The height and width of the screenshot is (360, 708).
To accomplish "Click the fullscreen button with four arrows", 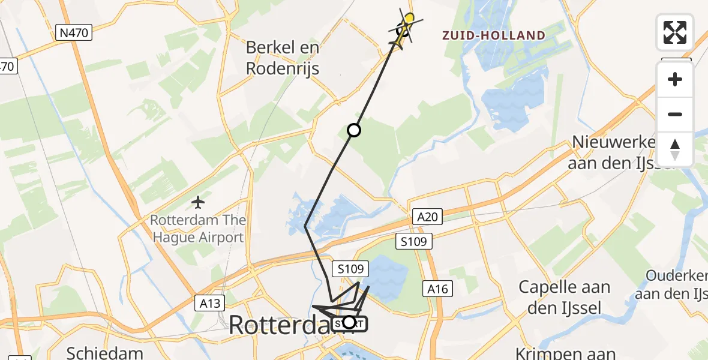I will (675, 32).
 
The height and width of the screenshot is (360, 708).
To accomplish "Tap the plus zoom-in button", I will (675, 79).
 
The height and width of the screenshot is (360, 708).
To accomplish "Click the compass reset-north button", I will (675, 149).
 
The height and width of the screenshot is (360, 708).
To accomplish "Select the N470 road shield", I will (74, 32).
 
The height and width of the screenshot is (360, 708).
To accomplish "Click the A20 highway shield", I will (427, 217).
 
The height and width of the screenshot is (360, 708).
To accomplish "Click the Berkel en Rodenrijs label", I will (283, 58).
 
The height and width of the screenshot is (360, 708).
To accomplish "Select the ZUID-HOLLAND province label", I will (494, 35).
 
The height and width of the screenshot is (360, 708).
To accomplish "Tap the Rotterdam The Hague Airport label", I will (197, 229).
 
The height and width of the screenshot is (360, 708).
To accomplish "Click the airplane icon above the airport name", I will (197, 203).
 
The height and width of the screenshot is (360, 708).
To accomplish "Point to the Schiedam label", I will (104, 352).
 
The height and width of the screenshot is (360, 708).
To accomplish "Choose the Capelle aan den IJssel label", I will (565, 296).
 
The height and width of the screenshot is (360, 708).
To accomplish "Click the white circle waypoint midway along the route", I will (354, 130).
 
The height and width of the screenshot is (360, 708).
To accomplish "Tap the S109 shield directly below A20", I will (413, 241).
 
